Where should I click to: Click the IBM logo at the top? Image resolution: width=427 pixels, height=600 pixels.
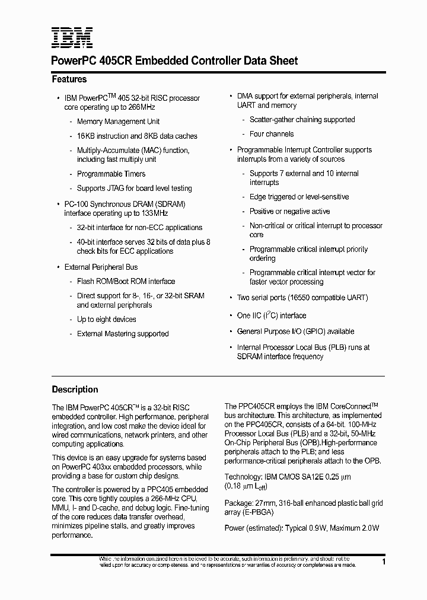pyautogui.click(x=71, y=38)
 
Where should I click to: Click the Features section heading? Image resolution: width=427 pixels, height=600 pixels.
pyautogui.click(x=69, y=79)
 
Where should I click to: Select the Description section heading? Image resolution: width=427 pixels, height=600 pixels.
pyautogui.click(x=75, y=390)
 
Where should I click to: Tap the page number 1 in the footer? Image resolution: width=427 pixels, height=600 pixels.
pyautogui.click(x=384, y=561)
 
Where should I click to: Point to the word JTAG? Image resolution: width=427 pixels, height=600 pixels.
pyautogui.click(x=116, y=189)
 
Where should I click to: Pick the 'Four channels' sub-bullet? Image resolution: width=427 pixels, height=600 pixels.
pyautogui.click(x=272, y=134)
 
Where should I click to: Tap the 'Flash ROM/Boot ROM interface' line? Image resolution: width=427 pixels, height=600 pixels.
pyautogui.click(x=126, y=282)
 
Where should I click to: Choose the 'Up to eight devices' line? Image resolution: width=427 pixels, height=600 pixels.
pyautogui.click(x=106, y=320)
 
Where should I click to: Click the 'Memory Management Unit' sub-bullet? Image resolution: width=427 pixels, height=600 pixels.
pyautogui.click(x=119, y=122)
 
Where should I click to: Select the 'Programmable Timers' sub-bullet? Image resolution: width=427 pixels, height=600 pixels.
pyautogui.click(x=111, y=174)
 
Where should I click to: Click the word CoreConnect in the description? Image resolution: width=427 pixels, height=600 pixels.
pyautogui.click(x=344, y=407)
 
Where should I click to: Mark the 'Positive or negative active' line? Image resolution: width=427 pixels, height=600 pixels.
pyautogui.click(x=289, y=212)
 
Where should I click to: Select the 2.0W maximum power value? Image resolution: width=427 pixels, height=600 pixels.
pyautogui.click(x=369, y=528)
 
